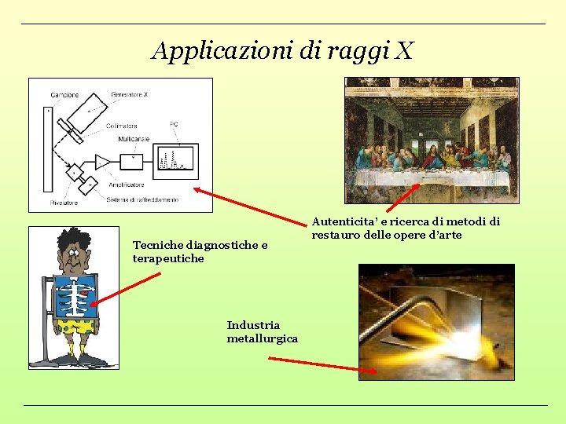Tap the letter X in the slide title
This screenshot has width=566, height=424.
[x=404, y=51]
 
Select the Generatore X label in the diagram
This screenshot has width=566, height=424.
[x=129, y=94]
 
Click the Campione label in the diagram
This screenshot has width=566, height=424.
[x=64, y=95]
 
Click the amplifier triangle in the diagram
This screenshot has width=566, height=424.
[x=102, y=161]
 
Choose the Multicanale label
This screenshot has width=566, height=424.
[x=134, y=139]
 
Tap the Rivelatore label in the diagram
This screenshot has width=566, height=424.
[x=64, y=203]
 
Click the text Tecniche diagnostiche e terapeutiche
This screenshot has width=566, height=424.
[x=200, y=251]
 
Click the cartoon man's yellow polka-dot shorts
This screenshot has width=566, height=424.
[x=75, y=326]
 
